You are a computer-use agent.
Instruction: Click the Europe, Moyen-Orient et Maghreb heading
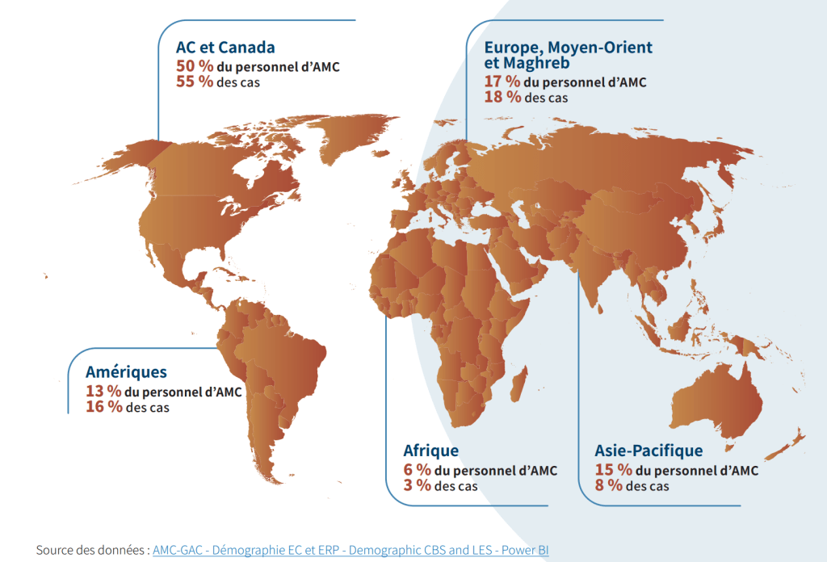(x=568, y=54)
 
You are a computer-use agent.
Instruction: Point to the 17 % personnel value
(x=502, y=82)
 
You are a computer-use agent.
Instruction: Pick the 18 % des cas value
(x=502, y=98)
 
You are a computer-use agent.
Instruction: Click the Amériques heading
(x=126, y=372)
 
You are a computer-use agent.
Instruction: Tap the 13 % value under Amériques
(x=103, y=391)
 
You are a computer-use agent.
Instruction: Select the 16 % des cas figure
(x=103, y=407)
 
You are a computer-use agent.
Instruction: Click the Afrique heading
(x=430, y=451)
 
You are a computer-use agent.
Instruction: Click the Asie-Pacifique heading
(x=649, y=451)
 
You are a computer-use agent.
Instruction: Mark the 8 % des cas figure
(x=608, y=486)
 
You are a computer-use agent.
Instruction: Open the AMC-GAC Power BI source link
(x=351, y=550)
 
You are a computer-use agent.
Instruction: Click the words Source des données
(x=91, y=550)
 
